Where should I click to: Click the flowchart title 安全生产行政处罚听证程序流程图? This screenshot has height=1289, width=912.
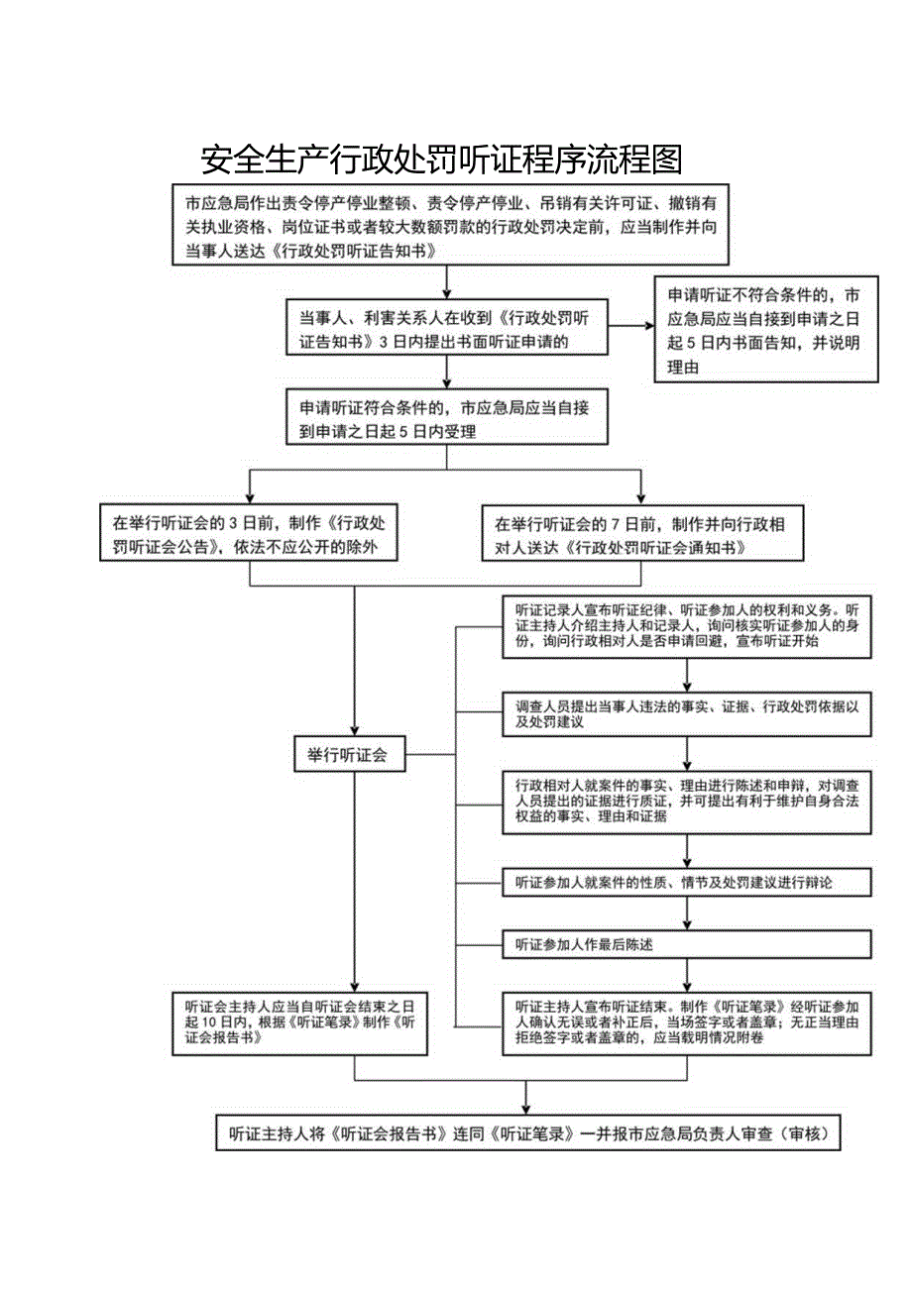pyautogui.click(x=442, y=158)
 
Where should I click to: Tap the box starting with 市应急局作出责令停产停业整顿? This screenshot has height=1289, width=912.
pyautogui.click(x=449, y=227)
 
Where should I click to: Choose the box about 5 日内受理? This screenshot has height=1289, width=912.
pyautogui.click(x=445, y=418)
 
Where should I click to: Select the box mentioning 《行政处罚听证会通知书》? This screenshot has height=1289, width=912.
pyautogui.click(x=639, y=534)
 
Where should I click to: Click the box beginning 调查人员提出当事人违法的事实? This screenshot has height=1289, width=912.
pyautogui.click(x=687, y=714)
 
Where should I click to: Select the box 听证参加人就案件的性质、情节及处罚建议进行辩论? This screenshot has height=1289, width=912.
pyautogui.click(x=687, y=881)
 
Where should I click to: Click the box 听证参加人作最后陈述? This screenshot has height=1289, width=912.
pyautogui.click(x=687, y=944)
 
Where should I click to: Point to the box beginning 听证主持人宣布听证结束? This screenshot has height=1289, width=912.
pyautogui.click(x=687, y=1022)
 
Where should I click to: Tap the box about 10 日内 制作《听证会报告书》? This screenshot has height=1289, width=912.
pyautogui.click(x=298, y=1022)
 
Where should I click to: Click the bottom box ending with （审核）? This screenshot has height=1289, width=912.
pyautogui.click(x=527, y=1132)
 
